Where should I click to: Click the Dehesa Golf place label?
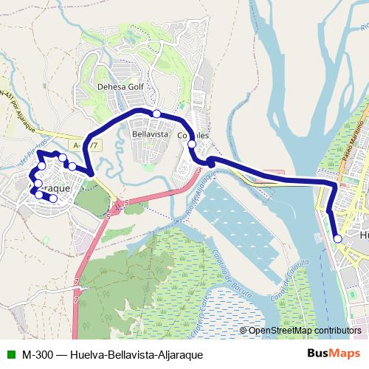(120, 86)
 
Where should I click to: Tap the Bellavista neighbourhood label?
(150, 135)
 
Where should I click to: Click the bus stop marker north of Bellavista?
(156, 113)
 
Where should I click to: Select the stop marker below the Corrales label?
(192, 144)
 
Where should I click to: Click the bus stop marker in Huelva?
(337, 238)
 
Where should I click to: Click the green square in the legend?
(10, 354)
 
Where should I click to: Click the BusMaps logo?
(334, 354)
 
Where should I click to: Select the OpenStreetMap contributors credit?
(305, 331)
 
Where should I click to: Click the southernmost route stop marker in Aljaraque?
(53, 199)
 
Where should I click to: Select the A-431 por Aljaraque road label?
(18, 103)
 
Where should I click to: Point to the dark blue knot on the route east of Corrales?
(210, 161)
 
